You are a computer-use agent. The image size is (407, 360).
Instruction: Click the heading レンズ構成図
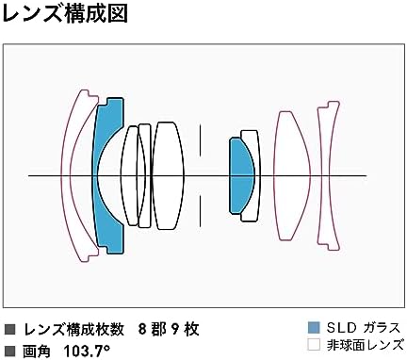click(x=65, y=14)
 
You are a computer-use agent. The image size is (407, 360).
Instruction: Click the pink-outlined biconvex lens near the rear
click(x=292, y=176)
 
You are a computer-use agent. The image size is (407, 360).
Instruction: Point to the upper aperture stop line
click(x=200, y=140)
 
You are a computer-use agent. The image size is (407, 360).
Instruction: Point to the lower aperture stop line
click(x=200, y=210)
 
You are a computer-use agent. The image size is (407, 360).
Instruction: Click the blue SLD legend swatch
click(x=314, y=328)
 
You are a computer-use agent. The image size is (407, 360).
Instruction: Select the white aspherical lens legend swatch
click(x=314, y=345)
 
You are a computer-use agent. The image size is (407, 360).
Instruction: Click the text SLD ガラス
click(x=364, y=328)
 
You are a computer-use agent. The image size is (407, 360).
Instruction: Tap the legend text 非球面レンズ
click(x=365, y=345)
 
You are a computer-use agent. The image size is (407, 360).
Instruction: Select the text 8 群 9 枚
click(x=169, y=329)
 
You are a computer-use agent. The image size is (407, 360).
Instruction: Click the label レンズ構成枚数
click(x=74, y=329)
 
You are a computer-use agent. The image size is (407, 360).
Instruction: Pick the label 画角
click(x=36, y=351)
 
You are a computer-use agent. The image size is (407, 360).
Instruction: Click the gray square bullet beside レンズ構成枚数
click(x=10, y=330)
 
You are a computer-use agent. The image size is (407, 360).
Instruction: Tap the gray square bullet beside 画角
click(x=10, y=351)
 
